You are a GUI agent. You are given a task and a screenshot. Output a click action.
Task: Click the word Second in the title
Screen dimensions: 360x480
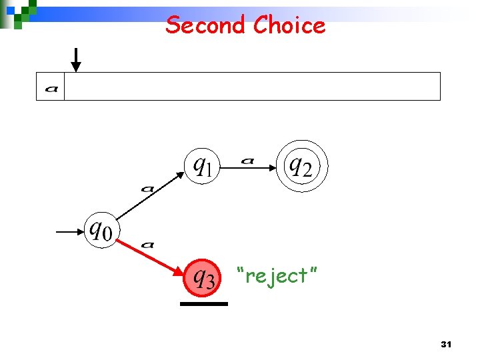206,25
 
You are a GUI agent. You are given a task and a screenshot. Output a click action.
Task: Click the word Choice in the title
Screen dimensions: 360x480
289,25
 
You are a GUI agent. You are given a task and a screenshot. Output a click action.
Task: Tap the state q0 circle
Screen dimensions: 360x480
101,231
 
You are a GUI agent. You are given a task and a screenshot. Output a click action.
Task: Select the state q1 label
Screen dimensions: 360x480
202,165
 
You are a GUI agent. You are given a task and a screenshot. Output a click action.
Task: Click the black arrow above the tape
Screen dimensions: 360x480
76,60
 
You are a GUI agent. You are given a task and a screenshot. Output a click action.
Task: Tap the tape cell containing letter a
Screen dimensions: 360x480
51,87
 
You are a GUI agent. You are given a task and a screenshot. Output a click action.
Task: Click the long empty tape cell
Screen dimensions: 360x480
252,87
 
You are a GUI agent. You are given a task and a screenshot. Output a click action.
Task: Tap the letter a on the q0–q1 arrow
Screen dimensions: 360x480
147,189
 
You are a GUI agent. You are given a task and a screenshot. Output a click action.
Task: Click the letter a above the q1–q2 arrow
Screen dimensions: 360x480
247,160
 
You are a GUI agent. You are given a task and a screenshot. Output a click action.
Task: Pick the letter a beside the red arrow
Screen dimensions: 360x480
147,245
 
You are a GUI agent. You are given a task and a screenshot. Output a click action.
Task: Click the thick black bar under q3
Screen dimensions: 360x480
203,303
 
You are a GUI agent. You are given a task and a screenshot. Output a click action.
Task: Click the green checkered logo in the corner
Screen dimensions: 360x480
19,12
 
